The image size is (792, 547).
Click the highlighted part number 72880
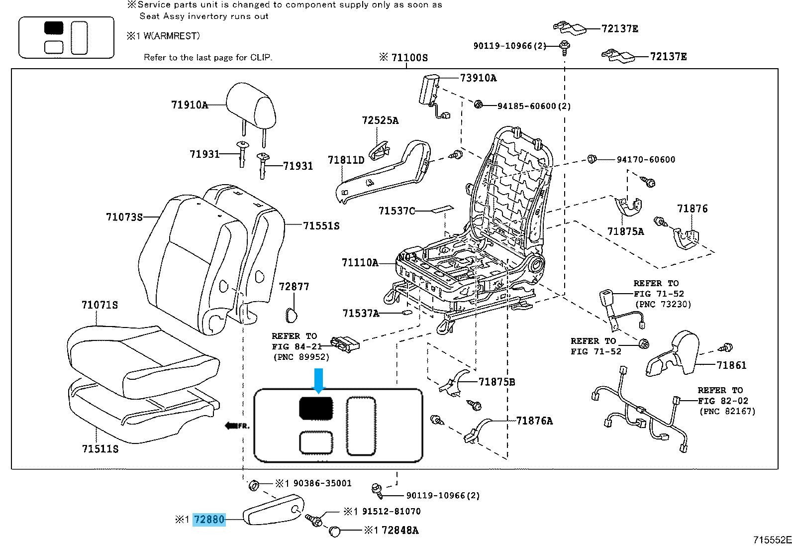point(209,520)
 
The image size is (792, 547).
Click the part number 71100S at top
point(409,57)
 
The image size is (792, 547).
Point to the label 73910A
point(478,78)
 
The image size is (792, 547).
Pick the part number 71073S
point(124,217)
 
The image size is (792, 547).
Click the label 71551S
point(321,226)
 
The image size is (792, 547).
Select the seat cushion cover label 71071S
point(99,305)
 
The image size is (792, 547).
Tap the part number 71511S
point(100,449)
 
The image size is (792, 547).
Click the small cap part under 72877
point(291,314)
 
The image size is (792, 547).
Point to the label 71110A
point(360,262)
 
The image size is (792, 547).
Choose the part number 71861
point(731,365)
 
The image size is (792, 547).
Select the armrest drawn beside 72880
point(274,510)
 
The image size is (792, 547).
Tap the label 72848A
point(400,531)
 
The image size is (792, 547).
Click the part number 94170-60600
point(646,160)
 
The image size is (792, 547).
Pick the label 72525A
point(380,120)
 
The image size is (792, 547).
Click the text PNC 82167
point(727,412)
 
